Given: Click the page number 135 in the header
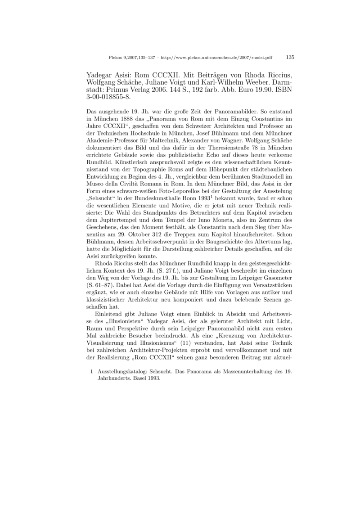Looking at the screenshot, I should [x=290, y=58].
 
